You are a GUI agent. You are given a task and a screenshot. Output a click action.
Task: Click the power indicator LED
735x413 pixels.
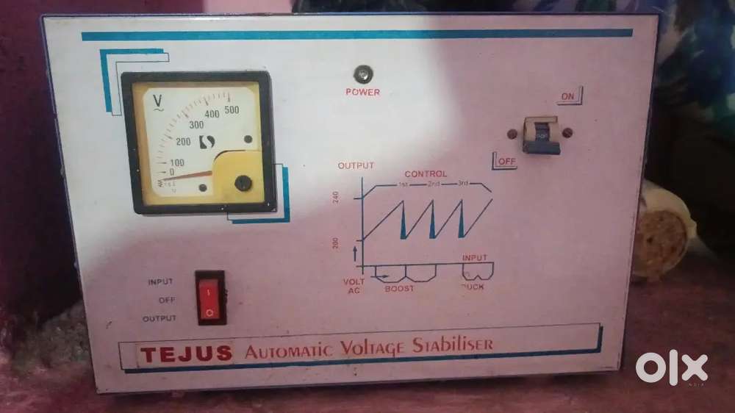pyautogui.click(x=362, y=73)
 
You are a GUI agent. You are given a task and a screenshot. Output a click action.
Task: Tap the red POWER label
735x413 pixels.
pyautogui.click(x=363, y=93)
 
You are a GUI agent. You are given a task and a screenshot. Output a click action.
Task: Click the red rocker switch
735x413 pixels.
pyautogui.click(x=210, y=298)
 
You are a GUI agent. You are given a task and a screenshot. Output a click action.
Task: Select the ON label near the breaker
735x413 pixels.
pyautogui.click(x=568, y=96)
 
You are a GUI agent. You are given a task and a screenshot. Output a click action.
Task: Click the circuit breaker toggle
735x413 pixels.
pyautogui.click(x=542, y=135)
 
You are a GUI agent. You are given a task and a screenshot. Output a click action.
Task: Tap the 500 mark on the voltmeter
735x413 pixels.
pyautogui.click(x=232, y=110)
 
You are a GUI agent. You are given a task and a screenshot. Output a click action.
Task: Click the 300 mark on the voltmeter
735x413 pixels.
pyautogui.click(x=196, y=125)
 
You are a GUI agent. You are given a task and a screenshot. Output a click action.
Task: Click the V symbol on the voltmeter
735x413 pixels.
pyautogui.click(x=157, y=100)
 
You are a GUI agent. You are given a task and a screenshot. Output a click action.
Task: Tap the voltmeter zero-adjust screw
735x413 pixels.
pyautogui.click(x=240, y=183)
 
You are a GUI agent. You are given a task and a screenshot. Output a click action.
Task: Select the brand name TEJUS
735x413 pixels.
pyautogui.click(x=186, y=353)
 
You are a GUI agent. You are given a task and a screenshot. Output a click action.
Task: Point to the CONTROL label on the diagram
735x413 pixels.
pyautogui.click(x=426, y=174)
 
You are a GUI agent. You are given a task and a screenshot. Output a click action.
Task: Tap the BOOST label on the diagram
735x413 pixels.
pyautogui.click(x=399, y=289)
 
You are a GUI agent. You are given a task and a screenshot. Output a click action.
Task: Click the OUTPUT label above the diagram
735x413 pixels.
pyautogui.click(x=356, y=165)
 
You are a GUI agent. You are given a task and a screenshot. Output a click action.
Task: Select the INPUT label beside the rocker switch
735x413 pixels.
pyautogui.click(x=160, y=281)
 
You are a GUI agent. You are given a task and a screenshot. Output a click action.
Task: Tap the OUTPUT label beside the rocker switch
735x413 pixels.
pyautogui.click(x=159, y=318)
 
